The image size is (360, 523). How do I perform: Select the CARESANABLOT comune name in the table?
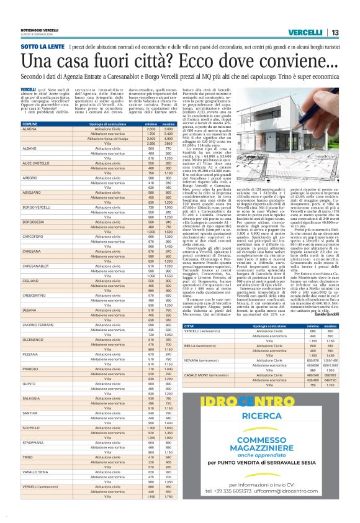point(36,266)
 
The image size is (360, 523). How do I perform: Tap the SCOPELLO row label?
point(32,427)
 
